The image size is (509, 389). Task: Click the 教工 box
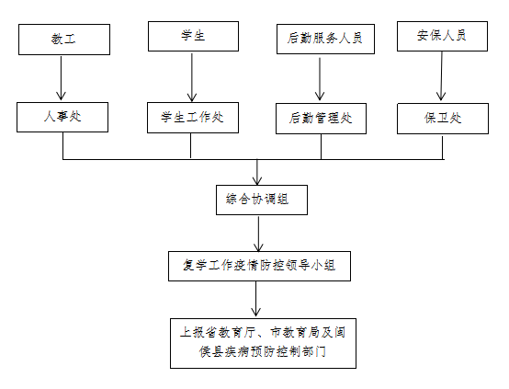click(x=64, y=40)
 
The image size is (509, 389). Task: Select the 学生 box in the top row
click(x=193, y=37)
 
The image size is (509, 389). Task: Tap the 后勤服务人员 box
click(x=325, y=39)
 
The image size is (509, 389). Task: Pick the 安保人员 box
click(x=442, y=37)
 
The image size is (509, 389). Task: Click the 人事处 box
click(x=62, y=118)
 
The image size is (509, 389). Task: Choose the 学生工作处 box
click(x=193, y=118)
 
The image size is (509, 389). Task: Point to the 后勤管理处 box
click(x=321, y=119)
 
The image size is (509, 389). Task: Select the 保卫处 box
click(x=443, y=119)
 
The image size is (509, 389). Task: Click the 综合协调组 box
click(x=262, y=200)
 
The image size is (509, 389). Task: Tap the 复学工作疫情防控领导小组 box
click(x=259, y=266)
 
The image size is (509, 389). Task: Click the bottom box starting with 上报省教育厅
click(x=263, y=343)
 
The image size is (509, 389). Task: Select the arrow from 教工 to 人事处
click(x=61, y=78)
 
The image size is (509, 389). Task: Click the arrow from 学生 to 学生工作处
click(x=192, y=77)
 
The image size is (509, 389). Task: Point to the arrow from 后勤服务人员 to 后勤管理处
click(x=320, y=79)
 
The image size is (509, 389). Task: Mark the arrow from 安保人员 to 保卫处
click(x=441, y=76)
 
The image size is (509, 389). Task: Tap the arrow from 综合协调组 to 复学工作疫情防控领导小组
click(x=258, y=234)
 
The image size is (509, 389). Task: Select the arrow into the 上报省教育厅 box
click(x=255, y=299)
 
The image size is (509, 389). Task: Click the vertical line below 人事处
click(x=63, y=146)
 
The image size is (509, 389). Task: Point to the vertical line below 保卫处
click(x=443, y=148)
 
